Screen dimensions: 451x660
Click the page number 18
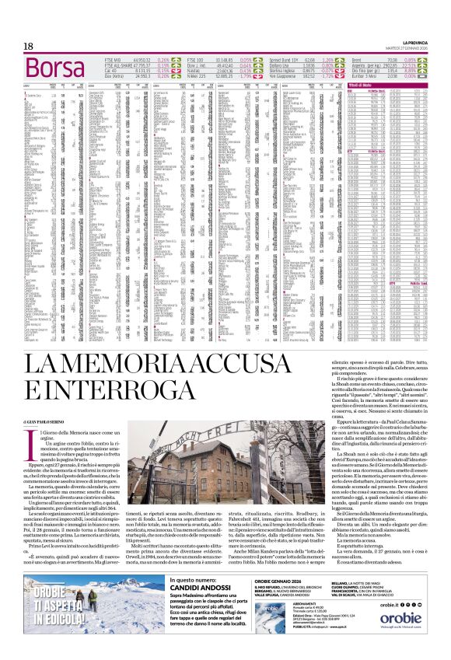click(28, 47)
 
